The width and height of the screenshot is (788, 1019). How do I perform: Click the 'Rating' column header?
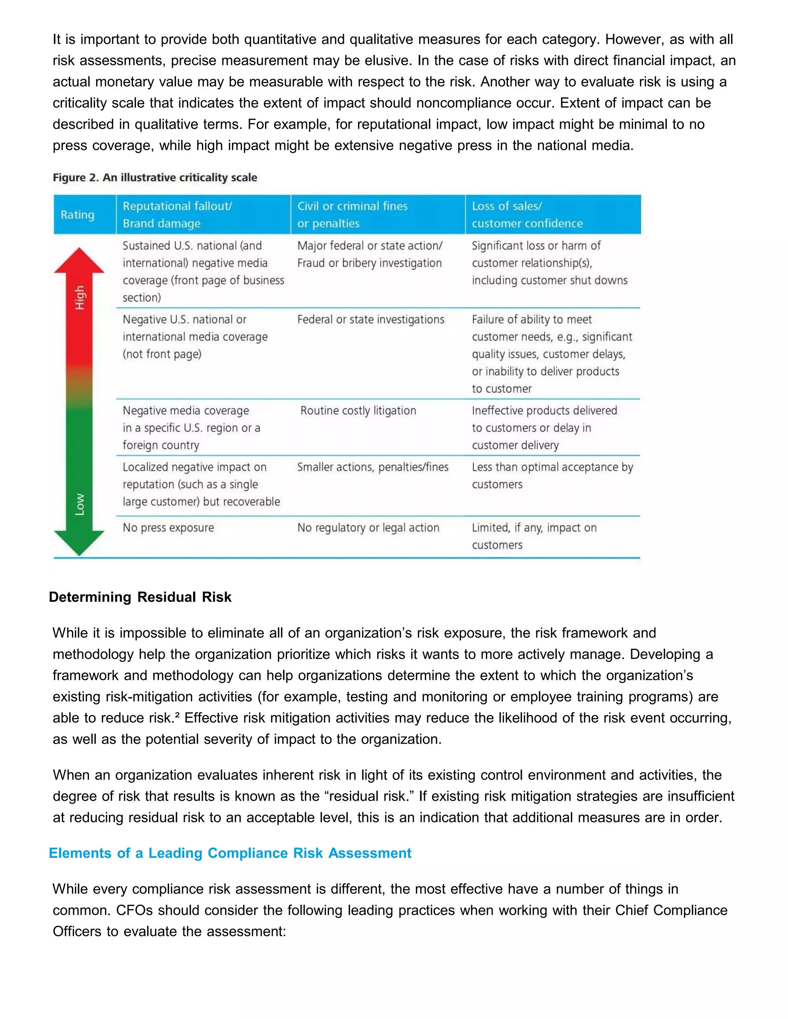(x=77, y=215)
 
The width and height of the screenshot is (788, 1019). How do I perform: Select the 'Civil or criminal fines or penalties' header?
(x=352, y=215)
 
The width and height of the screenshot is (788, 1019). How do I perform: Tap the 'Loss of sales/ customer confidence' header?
(x=527, y=215)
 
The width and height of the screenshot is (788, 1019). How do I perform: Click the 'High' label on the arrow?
(x=80, y=298)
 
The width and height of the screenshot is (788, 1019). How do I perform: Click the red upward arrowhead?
(x=79, y=261)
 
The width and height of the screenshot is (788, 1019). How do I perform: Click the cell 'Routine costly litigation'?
(x=358, y=411)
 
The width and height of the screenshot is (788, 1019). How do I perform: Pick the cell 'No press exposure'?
(x=168, y=528)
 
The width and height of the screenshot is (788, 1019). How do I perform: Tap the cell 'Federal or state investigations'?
(x=371, y=320)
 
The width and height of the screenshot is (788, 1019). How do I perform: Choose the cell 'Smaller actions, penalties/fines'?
(x=372, y=467)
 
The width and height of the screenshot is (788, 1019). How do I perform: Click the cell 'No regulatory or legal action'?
(x=368, y=528)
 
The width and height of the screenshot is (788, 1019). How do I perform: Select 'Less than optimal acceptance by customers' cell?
(x=552, y=475)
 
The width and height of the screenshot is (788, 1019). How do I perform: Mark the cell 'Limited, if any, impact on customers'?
(x=534, y=536)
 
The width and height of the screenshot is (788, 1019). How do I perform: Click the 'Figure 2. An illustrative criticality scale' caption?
(x=155, y=178)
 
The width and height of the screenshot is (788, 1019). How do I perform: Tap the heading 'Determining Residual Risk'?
(x=140, y=597)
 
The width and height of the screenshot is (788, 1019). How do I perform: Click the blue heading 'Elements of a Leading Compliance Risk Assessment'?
(x=230, y=853)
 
